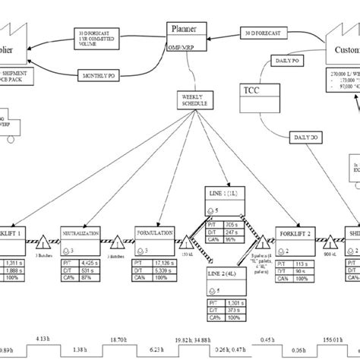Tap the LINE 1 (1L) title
(224, 194)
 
